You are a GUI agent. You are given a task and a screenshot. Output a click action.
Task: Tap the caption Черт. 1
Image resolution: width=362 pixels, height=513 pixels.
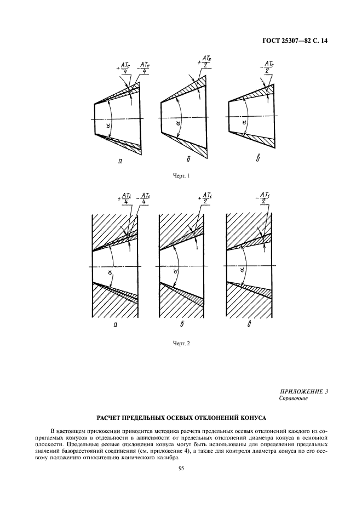(x=180, y=175)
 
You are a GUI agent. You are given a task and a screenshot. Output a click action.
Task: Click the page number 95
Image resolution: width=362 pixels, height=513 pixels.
(x=181, y=468)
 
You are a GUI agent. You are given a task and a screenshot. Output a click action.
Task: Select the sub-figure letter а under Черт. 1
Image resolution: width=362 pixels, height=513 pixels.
(x=119, y=160)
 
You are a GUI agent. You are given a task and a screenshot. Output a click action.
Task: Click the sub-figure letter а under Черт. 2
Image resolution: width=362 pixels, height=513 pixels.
(x=116, y=325)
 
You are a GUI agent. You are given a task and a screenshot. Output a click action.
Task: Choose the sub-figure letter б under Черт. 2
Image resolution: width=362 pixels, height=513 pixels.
(x=181, y=324)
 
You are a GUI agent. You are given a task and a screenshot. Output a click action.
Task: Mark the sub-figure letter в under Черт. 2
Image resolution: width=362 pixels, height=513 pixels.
(x=249, y=324)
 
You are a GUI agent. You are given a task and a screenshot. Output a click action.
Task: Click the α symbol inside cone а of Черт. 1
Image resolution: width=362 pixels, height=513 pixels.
(x=108, y=125)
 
